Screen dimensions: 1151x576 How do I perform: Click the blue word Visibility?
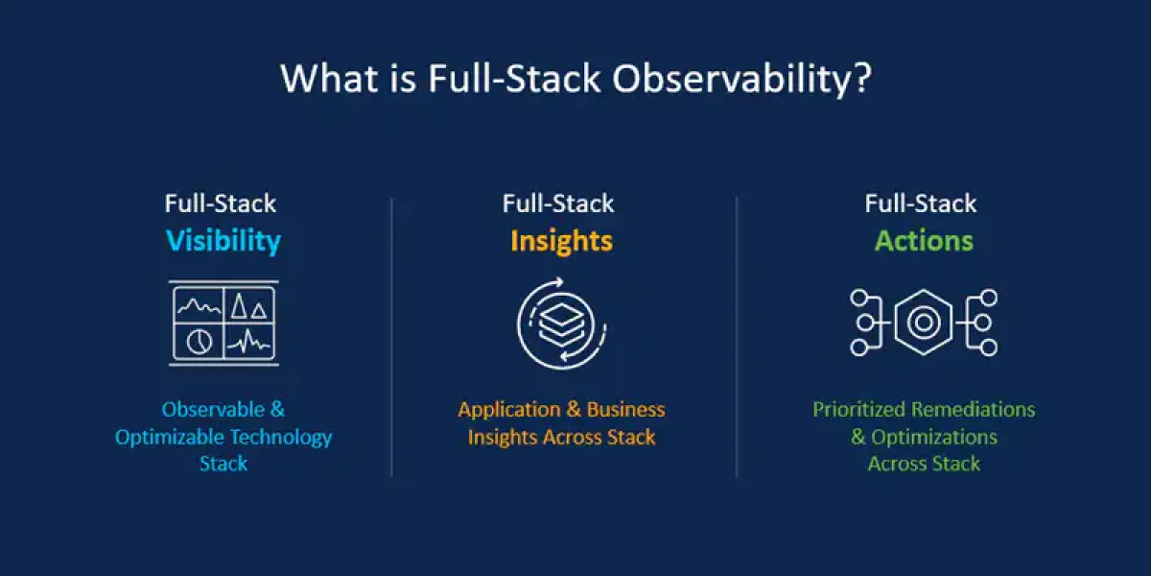(223, 241)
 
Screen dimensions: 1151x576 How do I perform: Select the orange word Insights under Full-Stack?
(562, 241)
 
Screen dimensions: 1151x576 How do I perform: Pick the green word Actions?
(924, 241)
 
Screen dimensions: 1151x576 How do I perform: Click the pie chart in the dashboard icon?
(199, 341)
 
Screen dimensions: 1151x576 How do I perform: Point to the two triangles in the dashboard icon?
(248, 305)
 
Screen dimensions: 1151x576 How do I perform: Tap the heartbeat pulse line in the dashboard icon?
(248, 341)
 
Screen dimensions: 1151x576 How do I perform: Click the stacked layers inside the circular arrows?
(562, 325)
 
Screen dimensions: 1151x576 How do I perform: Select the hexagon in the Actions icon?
(924, 323)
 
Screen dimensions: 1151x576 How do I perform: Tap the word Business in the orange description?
(625, 409)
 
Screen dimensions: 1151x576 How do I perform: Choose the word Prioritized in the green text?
(859, 409)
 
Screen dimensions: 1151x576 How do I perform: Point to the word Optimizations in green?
(934, 437)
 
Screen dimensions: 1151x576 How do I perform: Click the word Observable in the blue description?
(213, 409)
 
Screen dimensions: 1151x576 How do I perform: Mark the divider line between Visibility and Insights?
(391, 337)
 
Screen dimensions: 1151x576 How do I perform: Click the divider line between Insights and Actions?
(737, 337)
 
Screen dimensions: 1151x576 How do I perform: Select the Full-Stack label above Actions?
(920, 204)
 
